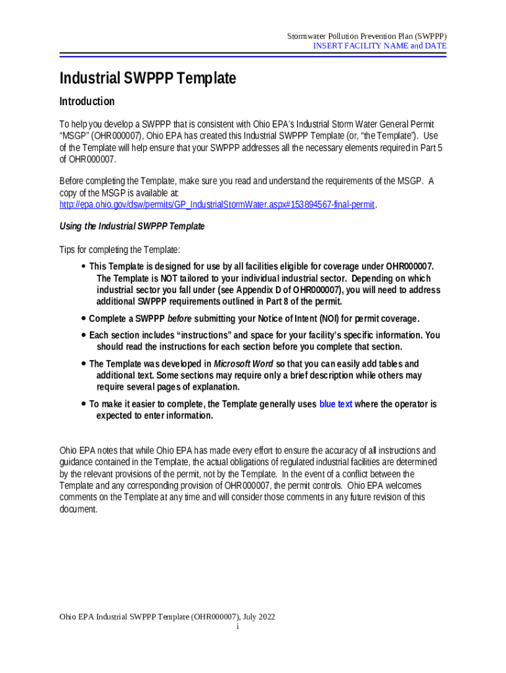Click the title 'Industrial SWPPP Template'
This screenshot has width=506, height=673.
pos(147,79)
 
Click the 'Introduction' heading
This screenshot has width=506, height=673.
pos(87,102)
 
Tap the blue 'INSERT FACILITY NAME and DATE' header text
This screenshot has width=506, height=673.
pos(379,46)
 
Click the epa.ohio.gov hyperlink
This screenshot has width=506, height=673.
pos(217,205)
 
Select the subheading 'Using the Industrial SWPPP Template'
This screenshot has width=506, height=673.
pos(132,227)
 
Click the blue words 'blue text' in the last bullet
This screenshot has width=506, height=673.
pos(336,404)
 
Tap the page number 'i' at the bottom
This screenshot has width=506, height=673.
pos(237,628)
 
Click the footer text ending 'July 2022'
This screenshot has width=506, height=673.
pos(167,617)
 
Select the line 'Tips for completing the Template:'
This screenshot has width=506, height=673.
pos(120,250)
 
